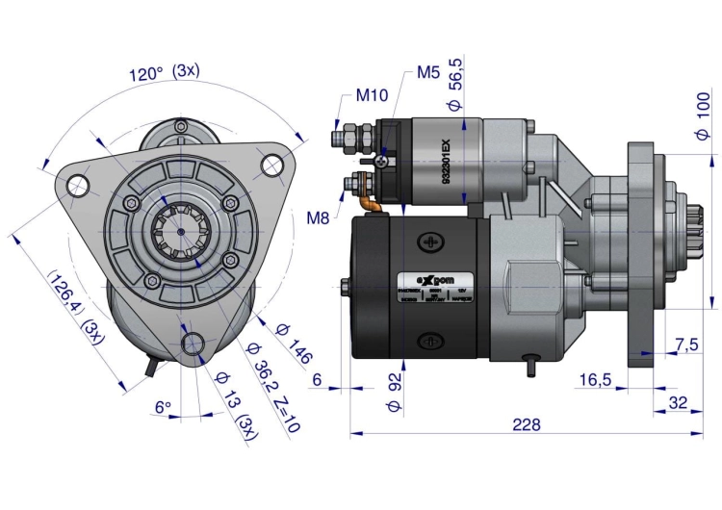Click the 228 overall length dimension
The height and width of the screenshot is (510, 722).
(527, 424)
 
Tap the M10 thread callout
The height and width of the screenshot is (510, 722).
(372, 95)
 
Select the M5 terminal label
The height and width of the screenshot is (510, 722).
(429, 73)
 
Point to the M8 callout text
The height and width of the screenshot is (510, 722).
(319, 217)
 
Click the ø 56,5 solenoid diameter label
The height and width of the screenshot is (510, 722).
(456, 88)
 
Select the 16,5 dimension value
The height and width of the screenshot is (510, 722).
(595, 380)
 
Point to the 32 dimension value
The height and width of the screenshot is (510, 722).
(679, 402)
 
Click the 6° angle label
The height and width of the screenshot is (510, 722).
(163, 407)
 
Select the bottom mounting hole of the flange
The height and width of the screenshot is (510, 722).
(193, 344)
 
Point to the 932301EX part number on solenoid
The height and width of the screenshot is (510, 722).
(446, 162)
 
